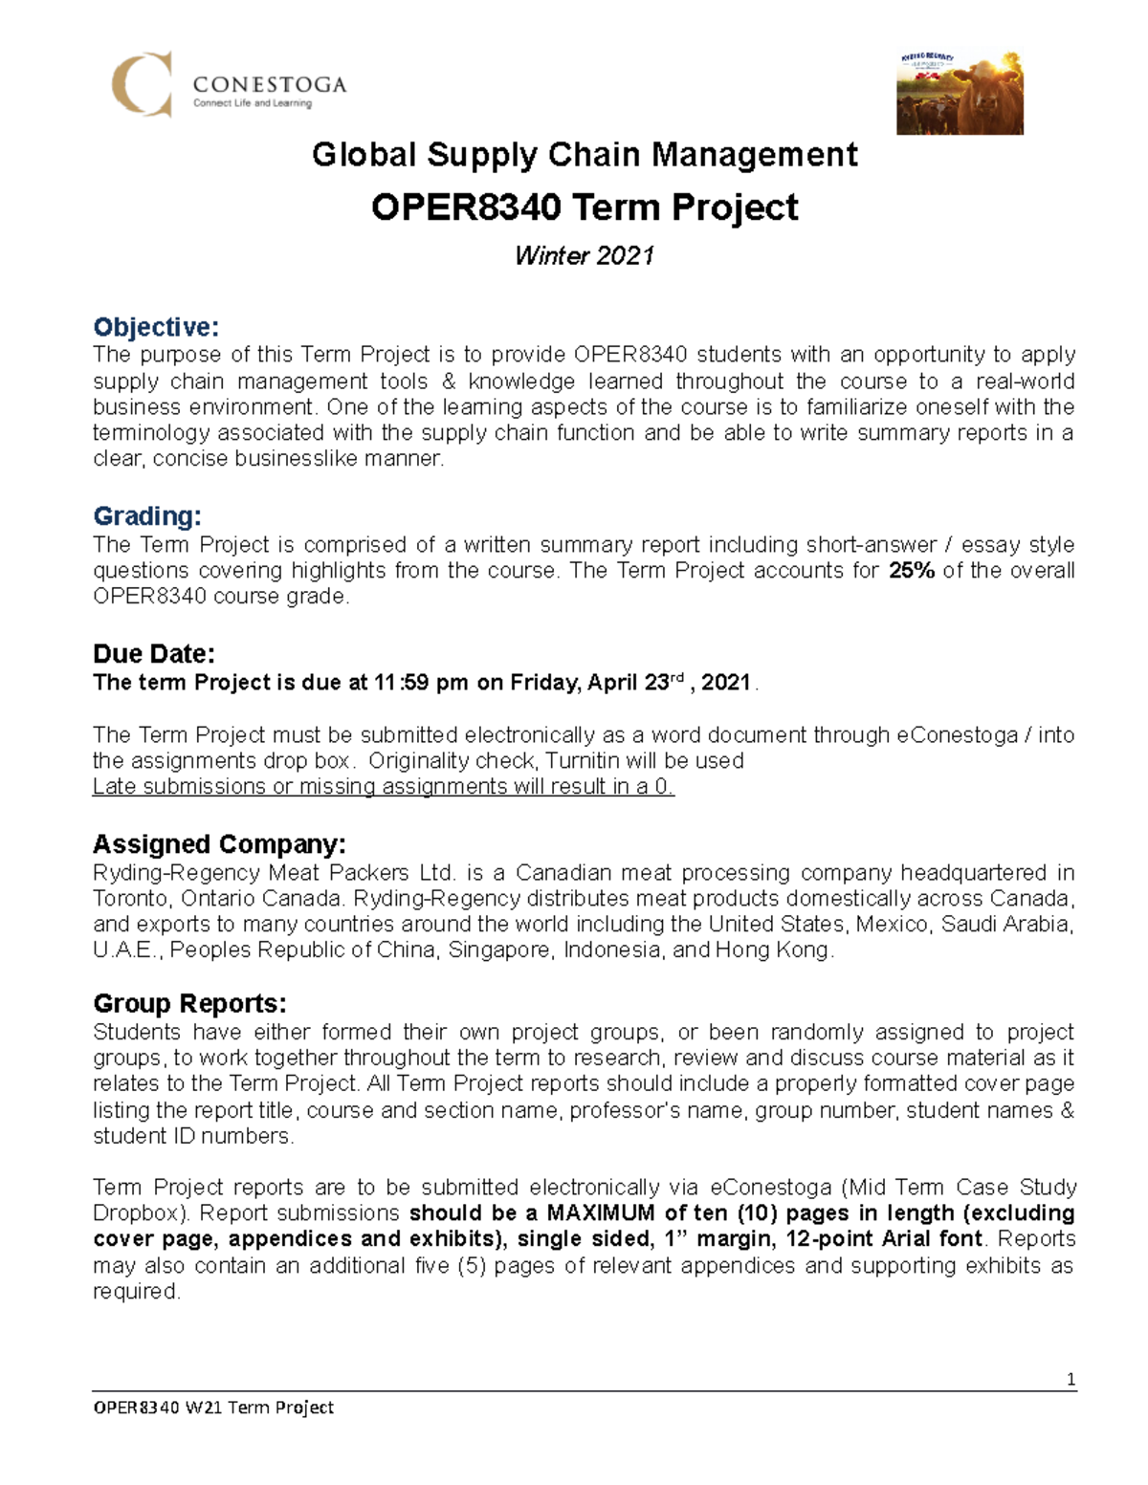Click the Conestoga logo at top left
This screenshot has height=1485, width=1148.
click(x=228, y=85)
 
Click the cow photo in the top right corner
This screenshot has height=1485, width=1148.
click(x=960, y=93)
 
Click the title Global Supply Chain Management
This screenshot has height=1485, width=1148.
click(x=585, y=155)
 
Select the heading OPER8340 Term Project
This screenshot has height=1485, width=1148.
click(x=585, y=207)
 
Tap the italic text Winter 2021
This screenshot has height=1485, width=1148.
click(x=585, y=255)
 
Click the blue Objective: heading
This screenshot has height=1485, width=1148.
click(x=156, y=327)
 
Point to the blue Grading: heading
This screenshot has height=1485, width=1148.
click(x=147, y=516)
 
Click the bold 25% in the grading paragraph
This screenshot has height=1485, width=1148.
click(x=911, y=571)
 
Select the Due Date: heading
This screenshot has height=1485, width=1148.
click(x=154, y=654)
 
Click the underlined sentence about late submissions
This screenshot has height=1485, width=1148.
click(x=383, y=787)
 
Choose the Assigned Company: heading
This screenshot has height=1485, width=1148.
click(x=219, y=844)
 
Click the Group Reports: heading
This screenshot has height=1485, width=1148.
click(x=189, y=1004)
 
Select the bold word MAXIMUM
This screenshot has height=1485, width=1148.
click(x=601, y=1213)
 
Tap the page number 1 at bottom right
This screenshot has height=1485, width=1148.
click(x=1071, y=1379)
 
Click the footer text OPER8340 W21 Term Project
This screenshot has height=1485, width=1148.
click(x=213, y=1407)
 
